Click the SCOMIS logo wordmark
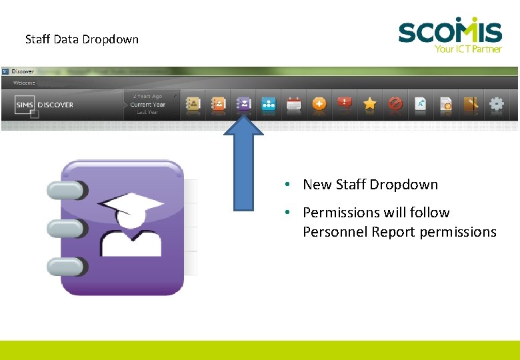click(x=450, y=31)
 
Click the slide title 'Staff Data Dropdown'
click(x=82, y=39)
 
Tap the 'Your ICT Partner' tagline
click(x=467, y=49)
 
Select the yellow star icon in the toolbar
click(x=370, y=103)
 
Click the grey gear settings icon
click(x=497, y=103)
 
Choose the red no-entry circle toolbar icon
click(x=395, y=103)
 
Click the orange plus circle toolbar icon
click(x=319, y=103)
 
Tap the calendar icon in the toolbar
click(x=294, y=103)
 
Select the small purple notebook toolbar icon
click(x=243, y=103)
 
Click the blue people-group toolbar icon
click(x=269, y=103)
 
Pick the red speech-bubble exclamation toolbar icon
click(x=345, y=103)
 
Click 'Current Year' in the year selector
click(x=148, y=105)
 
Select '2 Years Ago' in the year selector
click(x=148, y=97)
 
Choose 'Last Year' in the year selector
click(x=148, y=113)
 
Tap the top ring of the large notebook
click(x=65, y=191)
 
